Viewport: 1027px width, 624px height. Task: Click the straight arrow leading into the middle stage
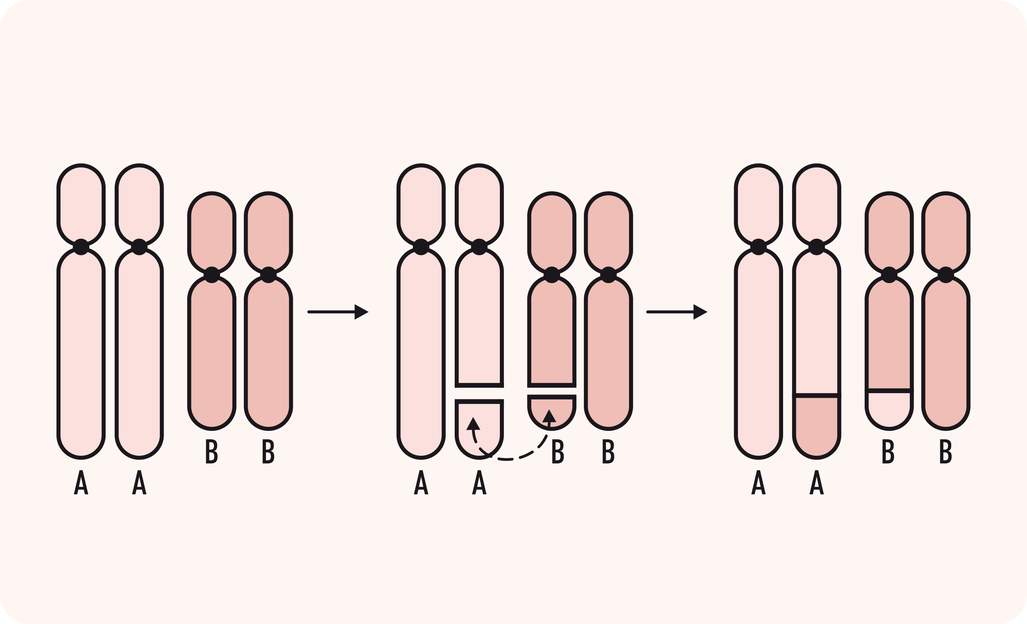coord(338,312)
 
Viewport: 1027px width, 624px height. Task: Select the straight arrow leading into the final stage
coord(677,312)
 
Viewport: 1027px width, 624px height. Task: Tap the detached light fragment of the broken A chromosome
coord(479,430)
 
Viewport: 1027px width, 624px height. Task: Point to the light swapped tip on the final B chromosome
coord(890,409)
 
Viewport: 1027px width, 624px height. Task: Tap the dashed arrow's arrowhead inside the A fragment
coord(473,423)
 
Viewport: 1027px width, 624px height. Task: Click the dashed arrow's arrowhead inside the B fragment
coord(550,416)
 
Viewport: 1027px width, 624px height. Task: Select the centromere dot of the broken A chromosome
coord(479,247)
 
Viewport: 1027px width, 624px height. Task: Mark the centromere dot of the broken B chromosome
coord(552,275)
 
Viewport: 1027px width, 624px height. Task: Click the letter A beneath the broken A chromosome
coord(479,482)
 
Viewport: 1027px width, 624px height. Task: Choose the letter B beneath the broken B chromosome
coord(558,451)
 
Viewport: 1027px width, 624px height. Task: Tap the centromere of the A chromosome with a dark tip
coord(817,247)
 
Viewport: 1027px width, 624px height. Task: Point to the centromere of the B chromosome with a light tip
coord(890,275)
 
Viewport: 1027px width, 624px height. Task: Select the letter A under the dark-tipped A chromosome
coord(817,482)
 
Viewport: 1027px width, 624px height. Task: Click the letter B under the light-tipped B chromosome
coord(888,451)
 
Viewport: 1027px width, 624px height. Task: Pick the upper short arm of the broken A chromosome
coord(479,204)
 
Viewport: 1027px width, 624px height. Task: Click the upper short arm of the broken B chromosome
coord(552,232)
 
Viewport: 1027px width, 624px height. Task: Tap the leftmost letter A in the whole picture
coord(81,482)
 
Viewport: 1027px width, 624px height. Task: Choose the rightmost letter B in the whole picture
coord(945,451)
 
